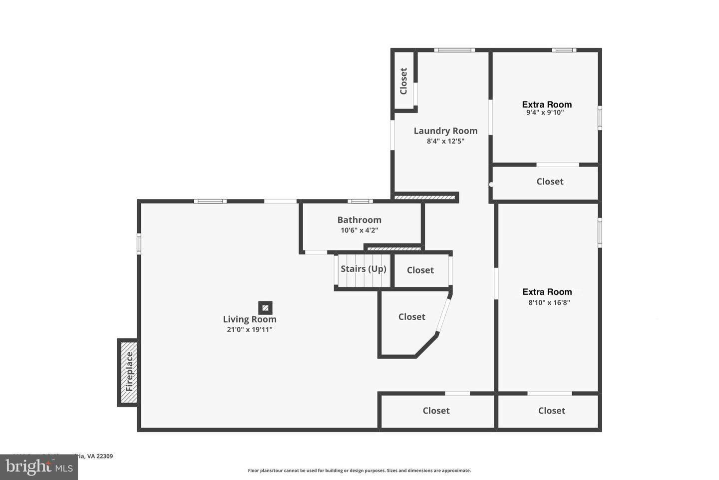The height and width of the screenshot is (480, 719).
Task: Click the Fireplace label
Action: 129,371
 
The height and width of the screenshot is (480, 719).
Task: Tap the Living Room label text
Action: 250,319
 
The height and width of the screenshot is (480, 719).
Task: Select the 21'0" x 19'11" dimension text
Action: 250,329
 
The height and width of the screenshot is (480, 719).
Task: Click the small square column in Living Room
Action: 265,307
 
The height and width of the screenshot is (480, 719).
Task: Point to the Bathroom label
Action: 359,219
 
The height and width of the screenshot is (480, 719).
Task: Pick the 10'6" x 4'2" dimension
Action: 359,230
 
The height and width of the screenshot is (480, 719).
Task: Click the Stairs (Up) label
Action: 363,268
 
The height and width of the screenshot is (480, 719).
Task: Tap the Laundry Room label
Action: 445,130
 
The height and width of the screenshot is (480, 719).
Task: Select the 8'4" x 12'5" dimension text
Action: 445,141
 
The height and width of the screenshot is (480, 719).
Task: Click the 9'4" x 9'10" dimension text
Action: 545,113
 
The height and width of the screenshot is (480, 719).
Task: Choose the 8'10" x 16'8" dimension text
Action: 549,302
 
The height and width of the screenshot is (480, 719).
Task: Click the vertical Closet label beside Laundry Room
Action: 403,81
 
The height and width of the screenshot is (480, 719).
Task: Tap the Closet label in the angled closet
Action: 411,316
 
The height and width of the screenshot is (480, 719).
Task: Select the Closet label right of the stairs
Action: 420,270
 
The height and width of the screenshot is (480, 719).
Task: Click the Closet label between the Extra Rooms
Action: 550,181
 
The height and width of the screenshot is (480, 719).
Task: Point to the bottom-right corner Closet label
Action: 551,410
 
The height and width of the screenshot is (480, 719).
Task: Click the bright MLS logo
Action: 38,467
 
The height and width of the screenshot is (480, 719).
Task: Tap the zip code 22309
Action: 105,456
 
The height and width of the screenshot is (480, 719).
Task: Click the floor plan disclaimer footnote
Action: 359,470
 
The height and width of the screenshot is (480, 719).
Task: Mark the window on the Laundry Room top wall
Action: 454,50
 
